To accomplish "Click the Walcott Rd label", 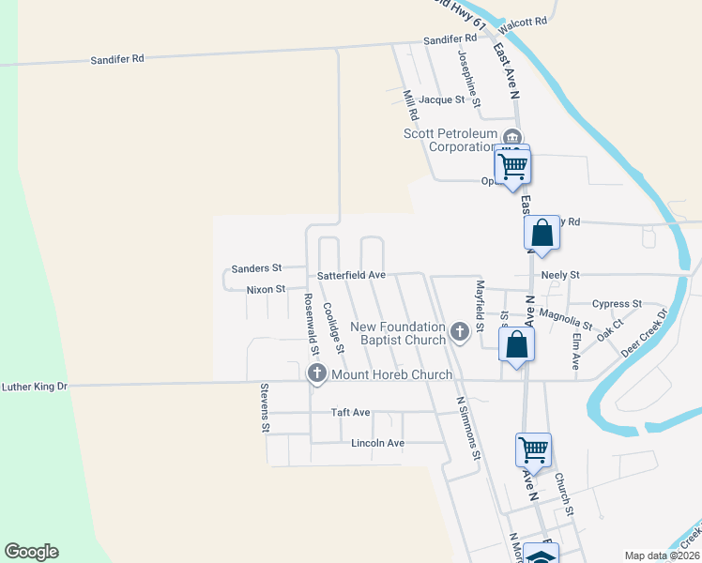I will pos(526,22).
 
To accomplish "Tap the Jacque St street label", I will pos(442,99).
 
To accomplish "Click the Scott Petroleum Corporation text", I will pos(450,140).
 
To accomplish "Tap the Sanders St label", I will pos(257,268).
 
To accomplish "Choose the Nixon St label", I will pos(266,290).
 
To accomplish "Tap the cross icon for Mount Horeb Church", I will pos(316,374).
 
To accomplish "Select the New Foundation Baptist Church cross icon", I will pos(460,331).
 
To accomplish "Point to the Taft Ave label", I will pos(351,413).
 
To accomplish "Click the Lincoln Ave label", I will pos(377,443).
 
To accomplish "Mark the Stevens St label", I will pos(266,408).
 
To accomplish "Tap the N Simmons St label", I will pos(468,427).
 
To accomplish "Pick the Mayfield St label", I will pos(480,307).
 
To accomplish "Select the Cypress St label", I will pos(617,304).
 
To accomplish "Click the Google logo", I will pos(31,552).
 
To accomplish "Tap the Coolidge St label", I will pos(333,327).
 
